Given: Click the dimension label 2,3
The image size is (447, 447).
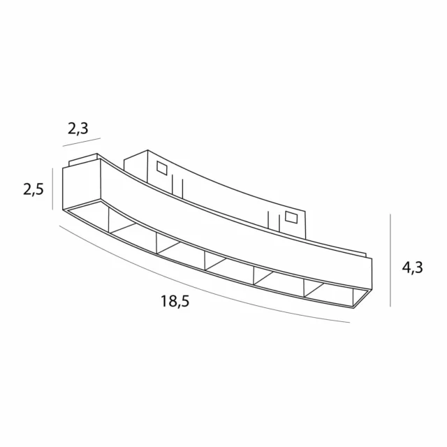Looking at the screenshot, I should tap(78, 129).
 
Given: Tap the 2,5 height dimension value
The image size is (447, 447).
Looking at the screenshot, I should tap(34, 189).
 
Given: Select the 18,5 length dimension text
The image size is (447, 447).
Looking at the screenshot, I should tap(175, 302).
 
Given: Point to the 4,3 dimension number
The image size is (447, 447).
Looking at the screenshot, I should tap(413, 268).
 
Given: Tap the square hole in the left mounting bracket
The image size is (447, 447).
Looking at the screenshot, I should tap(163, 168).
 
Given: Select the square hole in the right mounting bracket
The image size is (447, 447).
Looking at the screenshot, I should tap(292, 217).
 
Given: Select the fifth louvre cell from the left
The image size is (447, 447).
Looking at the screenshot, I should tap(279, 283).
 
